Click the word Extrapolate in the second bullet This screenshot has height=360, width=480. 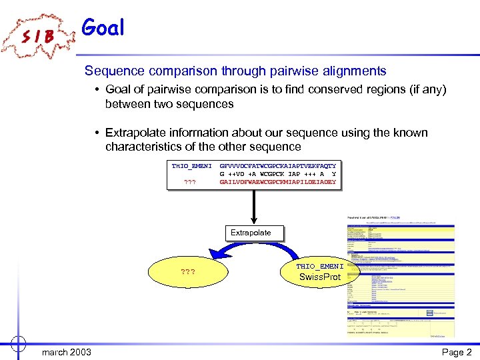pyautogui.click(x=140, y=133)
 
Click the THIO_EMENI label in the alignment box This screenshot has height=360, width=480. pyautogui.click(x=191, y=165)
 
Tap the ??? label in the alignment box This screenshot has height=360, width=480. pyautogui.click(x=190, y=181)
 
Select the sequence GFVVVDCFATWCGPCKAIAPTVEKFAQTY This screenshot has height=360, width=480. pyautogui.click(x=278, y=165)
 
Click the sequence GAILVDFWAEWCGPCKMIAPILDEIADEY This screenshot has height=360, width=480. pyautogui.click(x=278, y=181)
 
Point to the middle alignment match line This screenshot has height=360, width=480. pyautogui.click(x=278, y=173)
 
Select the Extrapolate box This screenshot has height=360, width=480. pyautogui.click(x=251, y=233)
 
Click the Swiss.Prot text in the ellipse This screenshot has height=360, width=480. pyautogui.click(x=320, y=277)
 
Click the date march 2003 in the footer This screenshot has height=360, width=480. pyautogui.click(x=67, y=351)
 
